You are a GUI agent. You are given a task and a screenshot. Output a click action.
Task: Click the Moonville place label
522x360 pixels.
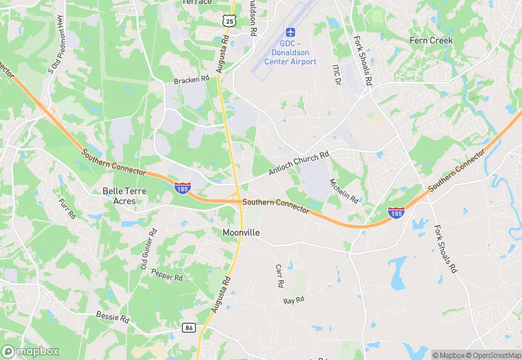coord(241,233)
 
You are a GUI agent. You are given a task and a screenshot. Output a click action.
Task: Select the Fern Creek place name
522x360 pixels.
coord(431,41)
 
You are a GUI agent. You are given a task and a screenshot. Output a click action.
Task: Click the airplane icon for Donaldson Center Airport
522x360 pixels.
coord(290,33)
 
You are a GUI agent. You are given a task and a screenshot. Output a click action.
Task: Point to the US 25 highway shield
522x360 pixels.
coord(229,22)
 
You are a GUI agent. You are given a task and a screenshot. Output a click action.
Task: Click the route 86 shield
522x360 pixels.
coord(190,328)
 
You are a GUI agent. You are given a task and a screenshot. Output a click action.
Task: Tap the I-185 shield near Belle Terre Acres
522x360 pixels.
coord(182,188)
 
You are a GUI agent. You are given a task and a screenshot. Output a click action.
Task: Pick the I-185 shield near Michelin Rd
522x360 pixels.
coord(396,212)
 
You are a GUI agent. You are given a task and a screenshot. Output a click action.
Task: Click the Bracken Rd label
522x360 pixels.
coord(191,80)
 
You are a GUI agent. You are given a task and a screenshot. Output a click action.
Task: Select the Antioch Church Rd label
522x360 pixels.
coord(299,164)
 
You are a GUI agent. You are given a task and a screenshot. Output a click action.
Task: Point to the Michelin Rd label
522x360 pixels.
coord(343,191)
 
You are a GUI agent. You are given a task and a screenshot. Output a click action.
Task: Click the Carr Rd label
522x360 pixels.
coord(280,275)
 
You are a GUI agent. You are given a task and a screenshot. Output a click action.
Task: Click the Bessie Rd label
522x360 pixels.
coord(113,319)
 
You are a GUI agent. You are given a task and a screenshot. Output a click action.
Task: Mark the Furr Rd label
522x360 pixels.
coord(67,208)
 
